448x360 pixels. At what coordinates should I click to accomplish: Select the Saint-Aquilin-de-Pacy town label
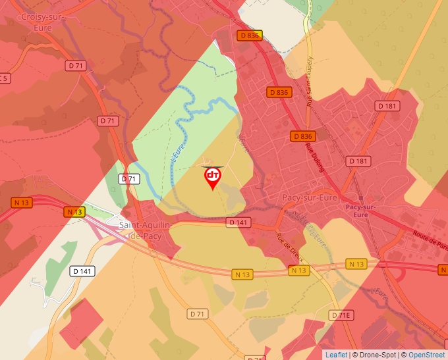[145, 230]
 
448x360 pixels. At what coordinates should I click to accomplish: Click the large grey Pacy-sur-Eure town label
[309, 197]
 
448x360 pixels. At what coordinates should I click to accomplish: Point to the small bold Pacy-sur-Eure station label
[360, 211]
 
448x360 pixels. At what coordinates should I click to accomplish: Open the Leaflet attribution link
[336, 355]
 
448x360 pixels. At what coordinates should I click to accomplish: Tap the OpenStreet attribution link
[426, 355]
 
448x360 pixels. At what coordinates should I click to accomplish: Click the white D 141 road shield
[81, 271]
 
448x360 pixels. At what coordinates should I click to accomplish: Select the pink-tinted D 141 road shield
[239, 222]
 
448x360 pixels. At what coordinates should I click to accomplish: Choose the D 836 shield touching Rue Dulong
[302, 136]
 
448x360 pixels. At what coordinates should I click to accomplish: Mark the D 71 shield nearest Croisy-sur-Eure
[76, 66]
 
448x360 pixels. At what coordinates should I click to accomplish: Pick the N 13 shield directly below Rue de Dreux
[298, 270]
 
